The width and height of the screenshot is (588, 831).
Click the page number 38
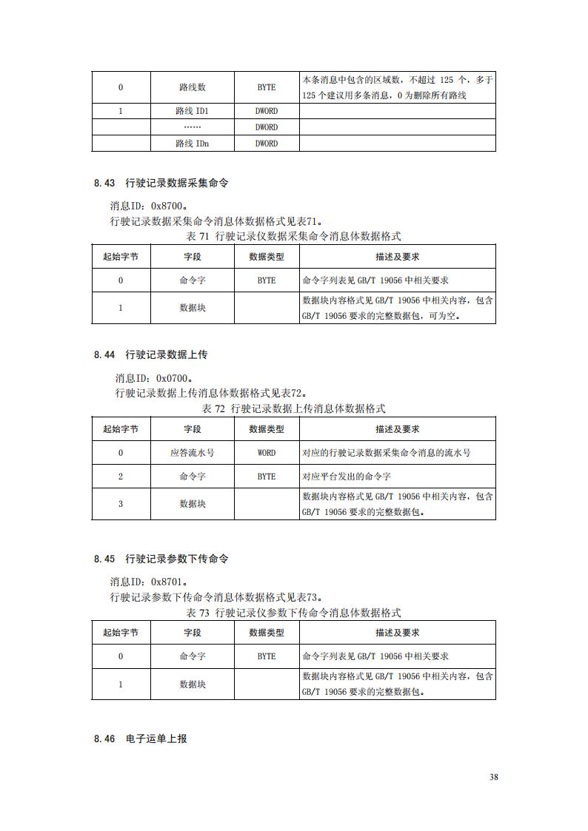(494, 777)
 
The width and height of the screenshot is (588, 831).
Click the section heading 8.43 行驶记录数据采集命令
(161, 183)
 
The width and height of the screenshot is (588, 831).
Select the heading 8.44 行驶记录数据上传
(151, 354)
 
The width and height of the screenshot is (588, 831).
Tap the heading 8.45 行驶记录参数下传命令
(161, 559)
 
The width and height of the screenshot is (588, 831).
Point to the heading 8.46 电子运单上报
(141, 739)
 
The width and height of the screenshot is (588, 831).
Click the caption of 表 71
(294, 237)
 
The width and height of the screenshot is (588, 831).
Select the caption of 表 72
(294, 408)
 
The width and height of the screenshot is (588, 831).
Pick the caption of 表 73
(294, 613)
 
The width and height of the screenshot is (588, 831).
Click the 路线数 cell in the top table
(193, 87)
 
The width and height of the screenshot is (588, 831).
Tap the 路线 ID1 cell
(193, 111)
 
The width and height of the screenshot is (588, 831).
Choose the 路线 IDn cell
(193, 144)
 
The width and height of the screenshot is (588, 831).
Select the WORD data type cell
(267, 453)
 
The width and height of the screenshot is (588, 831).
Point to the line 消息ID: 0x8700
(148, 206)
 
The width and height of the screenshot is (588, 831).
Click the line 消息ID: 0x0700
(153, 378)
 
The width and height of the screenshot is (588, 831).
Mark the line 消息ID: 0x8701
(148, 582)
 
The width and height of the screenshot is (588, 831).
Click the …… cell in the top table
(193, 127)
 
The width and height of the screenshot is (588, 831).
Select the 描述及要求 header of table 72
(397, 429)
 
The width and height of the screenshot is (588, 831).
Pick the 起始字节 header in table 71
(121, 258)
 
